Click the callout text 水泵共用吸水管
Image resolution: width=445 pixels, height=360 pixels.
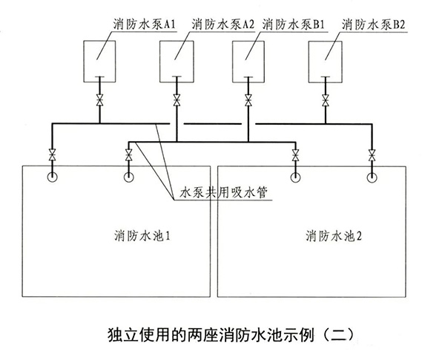point(214,192)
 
